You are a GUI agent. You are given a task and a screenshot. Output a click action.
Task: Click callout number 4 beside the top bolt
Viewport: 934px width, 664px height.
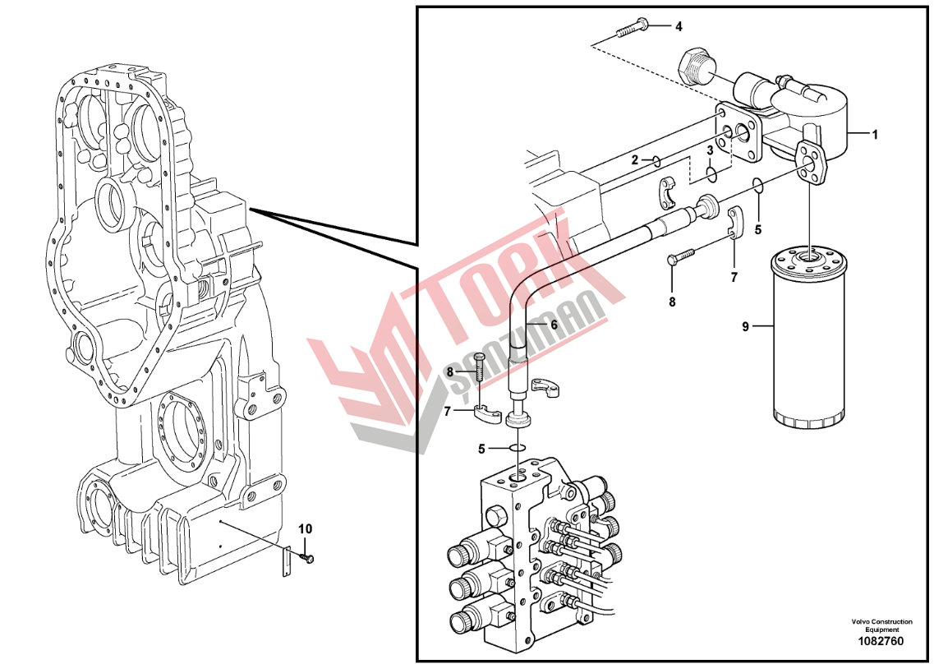click(x=679, y=26)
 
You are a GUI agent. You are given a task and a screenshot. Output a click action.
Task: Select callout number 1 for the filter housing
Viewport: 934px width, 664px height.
click(x=875, y=135)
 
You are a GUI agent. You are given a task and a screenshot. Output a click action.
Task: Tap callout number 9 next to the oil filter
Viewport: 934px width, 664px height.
click(x=745, y=326)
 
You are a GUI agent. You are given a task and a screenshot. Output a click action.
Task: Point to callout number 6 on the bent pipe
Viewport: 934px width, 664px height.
click(x=554, y=325)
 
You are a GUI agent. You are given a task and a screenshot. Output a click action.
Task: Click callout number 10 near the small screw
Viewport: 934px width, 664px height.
click(x=305, y=528)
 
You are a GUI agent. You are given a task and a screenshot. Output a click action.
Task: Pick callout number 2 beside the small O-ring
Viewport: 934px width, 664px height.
click(x=635, y=159)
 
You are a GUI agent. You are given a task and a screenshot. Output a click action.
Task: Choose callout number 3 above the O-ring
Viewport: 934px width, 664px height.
click(x=710, y=151)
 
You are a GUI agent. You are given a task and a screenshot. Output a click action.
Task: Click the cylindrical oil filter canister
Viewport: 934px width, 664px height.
click(x=807, y=339)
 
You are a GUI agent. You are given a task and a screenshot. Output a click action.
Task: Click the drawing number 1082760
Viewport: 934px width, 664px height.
click(x=881, y=641)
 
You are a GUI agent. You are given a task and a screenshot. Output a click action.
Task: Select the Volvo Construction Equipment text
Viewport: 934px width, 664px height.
click(x=881, y=625)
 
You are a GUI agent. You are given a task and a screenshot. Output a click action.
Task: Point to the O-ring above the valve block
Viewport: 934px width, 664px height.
click(x=517, y=448)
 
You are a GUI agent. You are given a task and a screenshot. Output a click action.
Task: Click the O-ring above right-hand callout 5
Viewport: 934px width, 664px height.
click(x=757, y=186)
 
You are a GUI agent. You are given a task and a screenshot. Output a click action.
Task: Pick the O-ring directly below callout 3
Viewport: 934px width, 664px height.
click(x=711, y=175)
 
